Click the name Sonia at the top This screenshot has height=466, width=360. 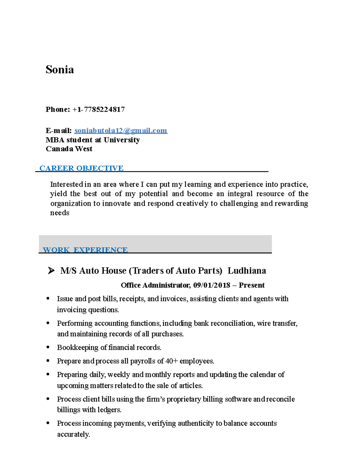(x=59, y=70)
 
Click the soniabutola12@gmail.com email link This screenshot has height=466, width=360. (x=121, y=131)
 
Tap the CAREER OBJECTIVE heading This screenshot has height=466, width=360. (x=81, y=168)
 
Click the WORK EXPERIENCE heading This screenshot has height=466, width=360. (x=85, y=250)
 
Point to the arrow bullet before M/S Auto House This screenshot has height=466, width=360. (x=51, y=271)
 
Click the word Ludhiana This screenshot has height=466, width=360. (x=247, y=271)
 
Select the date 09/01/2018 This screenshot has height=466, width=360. (x=211, y=285)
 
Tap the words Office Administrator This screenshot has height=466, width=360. (x=155, y=285)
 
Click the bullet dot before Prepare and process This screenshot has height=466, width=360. (x=48, y=361)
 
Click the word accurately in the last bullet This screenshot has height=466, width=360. (x=73, y=434)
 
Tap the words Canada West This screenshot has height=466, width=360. (x=69, y=149)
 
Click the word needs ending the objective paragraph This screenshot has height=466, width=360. (x=59, y=213)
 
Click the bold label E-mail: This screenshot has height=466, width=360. (x=58, y=131)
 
